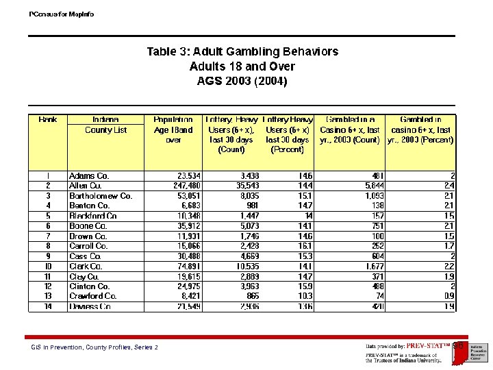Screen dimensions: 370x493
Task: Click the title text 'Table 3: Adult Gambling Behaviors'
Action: coord(242,51)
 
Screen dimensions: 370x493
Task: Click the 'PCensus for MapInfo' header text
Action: coord(62,14)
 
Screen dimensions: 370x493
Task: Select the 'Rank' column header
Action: coord(48,120)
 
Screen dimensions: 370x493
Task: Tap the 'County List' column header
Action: coord(105,129)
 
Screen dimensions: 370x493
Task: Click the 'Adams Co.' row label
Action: coord(89,176)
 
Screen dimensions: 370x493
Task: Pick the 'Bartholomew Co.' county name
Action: coord(101,196)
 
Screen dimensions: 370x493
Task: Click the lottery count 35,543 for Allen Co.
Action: coord(244,186)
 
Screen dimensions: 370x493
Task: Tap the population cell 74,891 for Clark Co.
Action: coord(186,266)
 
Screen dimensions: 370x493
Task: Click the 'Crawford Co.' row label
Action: coord(93,296)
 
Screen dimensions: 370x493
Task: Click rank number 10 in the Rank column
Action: coord(48,266)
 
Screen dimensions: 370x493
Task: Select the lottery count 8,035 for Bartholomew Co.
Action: coord(246,196)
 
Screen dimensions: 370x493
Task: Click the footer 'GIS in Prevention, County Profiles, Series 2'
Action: coord(94,347)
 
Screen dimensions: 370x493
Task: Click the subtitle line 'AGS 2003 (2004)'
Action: coord(242,81)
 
